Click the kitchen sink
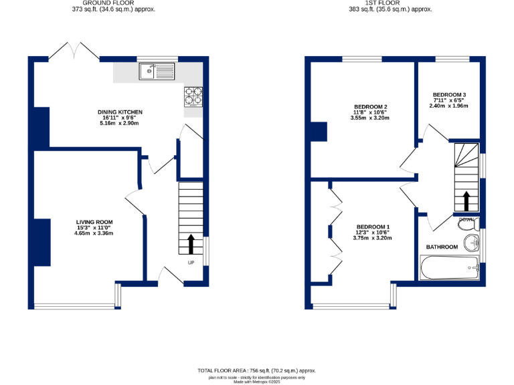click(x=157, y=70)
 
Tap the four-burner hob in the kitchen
click(x=193, y=97)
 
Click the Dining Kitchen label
click(x=120, y=112)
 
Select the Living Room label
click(x=94, y=222)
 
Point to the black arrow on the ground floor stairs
click(x=192, y=244)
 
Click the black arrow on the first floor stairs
click(x=466, y=201)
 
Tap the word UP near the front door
click(x=191, y=262)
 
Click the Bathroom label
click(x=442, y=247)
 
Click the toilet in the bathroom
click(x=466, y=224)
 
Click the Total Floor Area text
click(x=256, y=370)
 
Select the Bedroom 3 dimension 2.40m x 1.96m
click(x=449, y=106)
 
